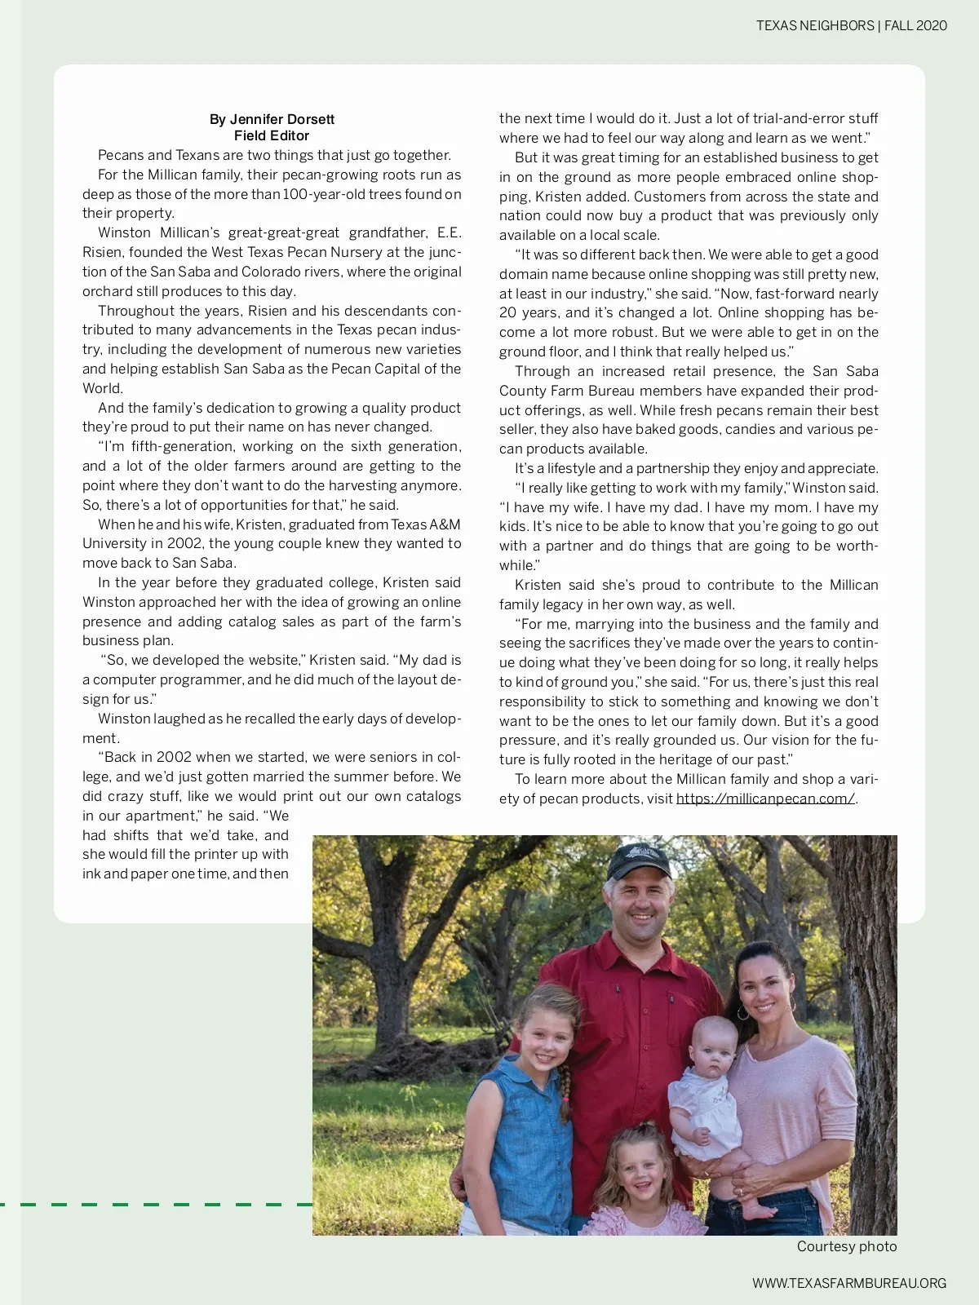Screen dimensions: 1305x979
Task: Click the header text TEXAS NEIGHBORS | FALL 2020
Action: pos(851,25)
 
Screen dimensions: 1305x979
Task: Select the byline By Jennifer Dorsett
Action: pos(272,119)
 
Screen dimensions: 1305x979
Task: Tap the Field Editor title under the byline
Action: pos(272,136)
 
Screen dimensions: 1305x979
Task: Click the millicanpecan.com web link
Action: pos(765,798)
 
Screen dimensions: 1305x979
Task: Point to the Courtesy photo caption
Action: pos(846,1246)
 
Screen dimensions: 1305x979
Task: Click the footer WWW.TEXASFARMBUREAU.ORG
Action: pos(849,1283)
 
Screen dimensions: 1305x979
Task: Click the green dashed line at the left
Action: pos(155,1203)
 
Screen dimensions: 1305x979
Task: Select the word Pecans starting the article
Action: pos(121,155)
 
